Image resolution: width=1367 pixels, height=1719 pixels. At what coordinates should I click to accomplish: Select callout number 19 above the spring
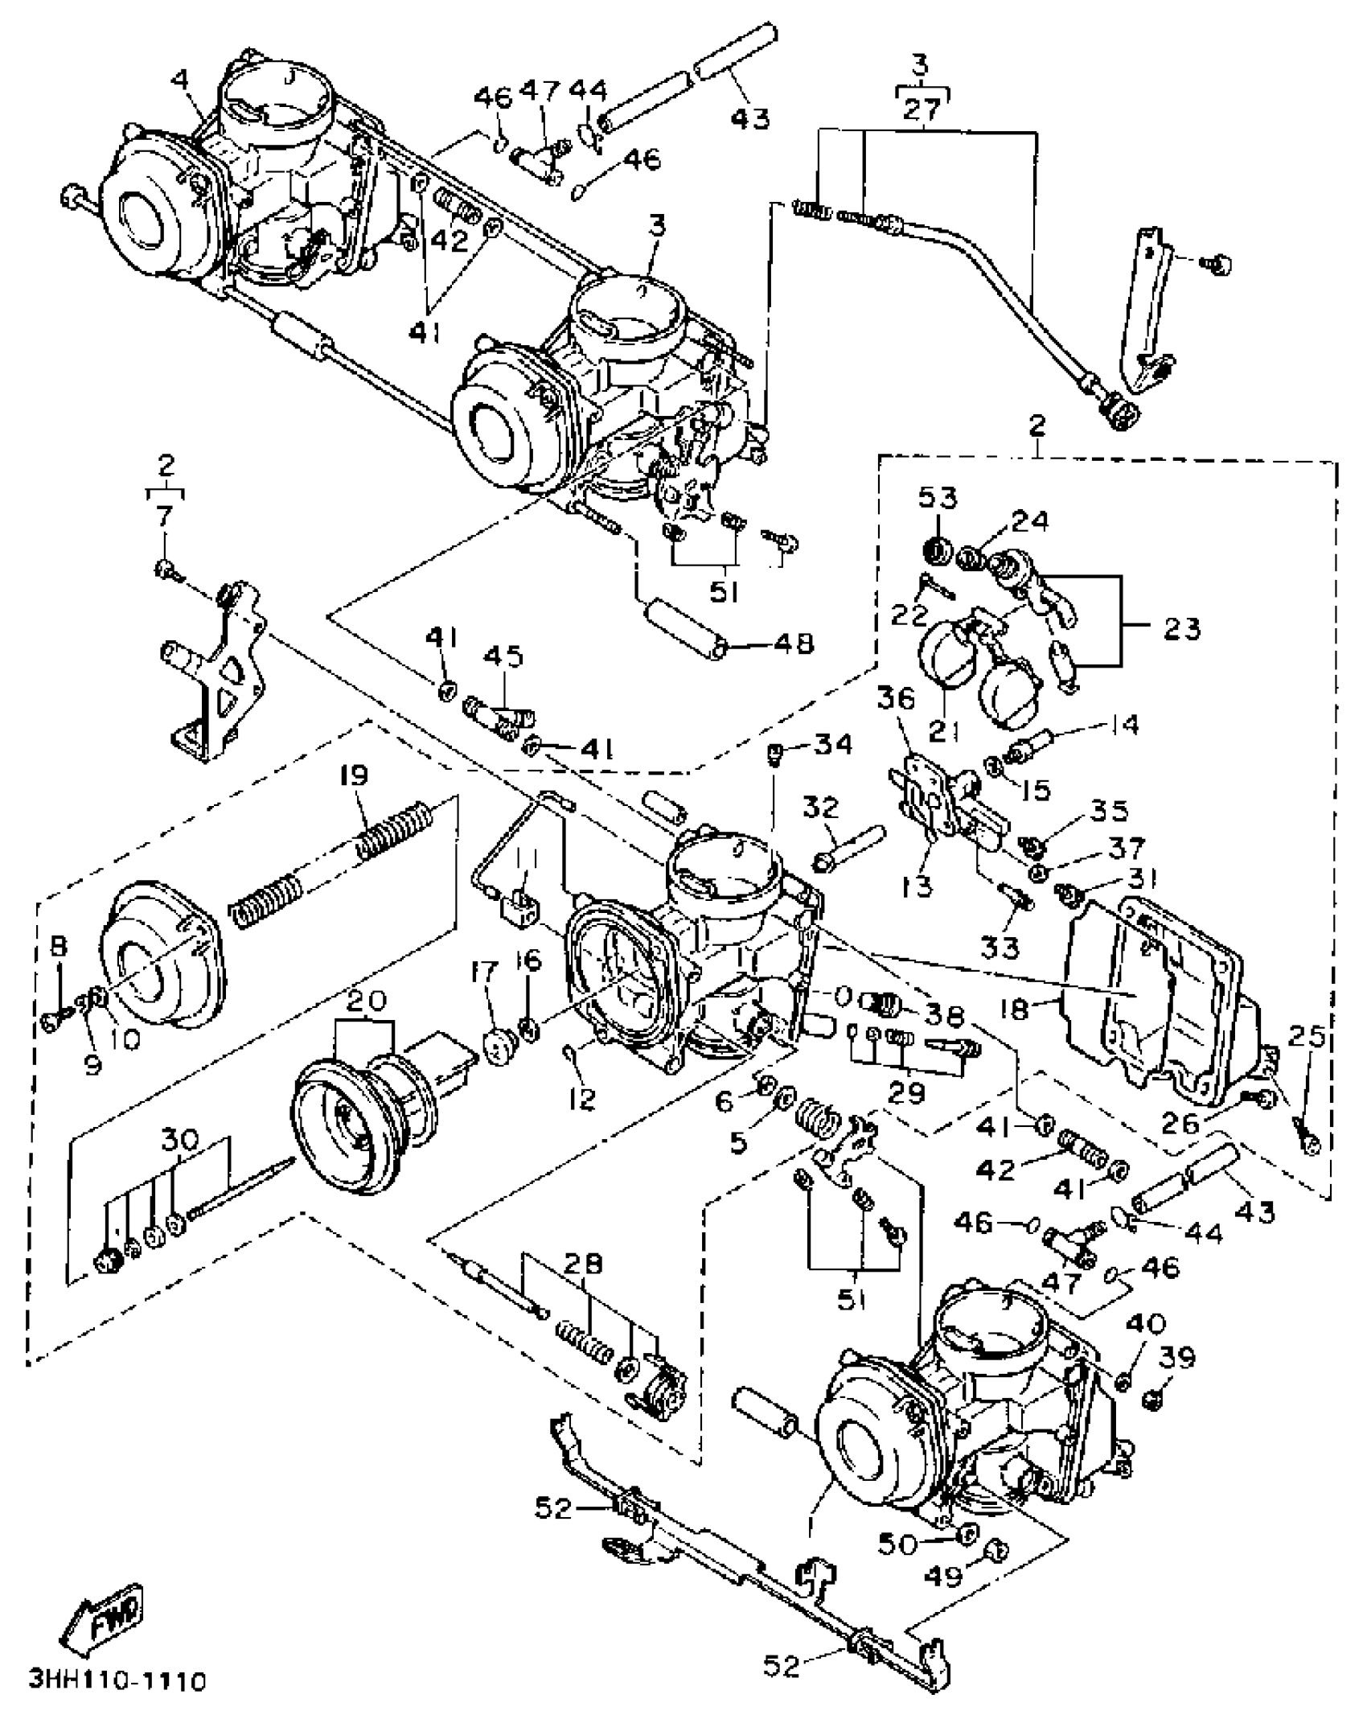pos(353,776)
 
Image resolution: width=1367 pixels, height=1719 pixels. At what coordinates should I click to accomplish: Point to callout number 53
pos(938,498)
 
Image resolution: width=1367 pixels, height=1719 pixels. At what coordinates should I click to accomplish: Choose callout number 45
pos(503,656)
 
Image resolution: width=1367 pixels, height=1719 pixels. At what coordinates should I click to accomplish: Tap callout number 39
pos(1177,1357)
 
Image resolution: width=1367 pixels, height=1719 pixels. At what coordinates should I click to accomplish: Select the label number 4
pos(181,80)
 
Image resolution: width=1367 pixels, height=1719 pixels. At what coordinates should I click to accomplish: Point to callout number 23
pos(1181,628)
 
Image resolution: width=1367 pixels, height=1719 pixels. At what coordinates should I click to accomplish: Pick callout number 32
pos(820,807)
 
